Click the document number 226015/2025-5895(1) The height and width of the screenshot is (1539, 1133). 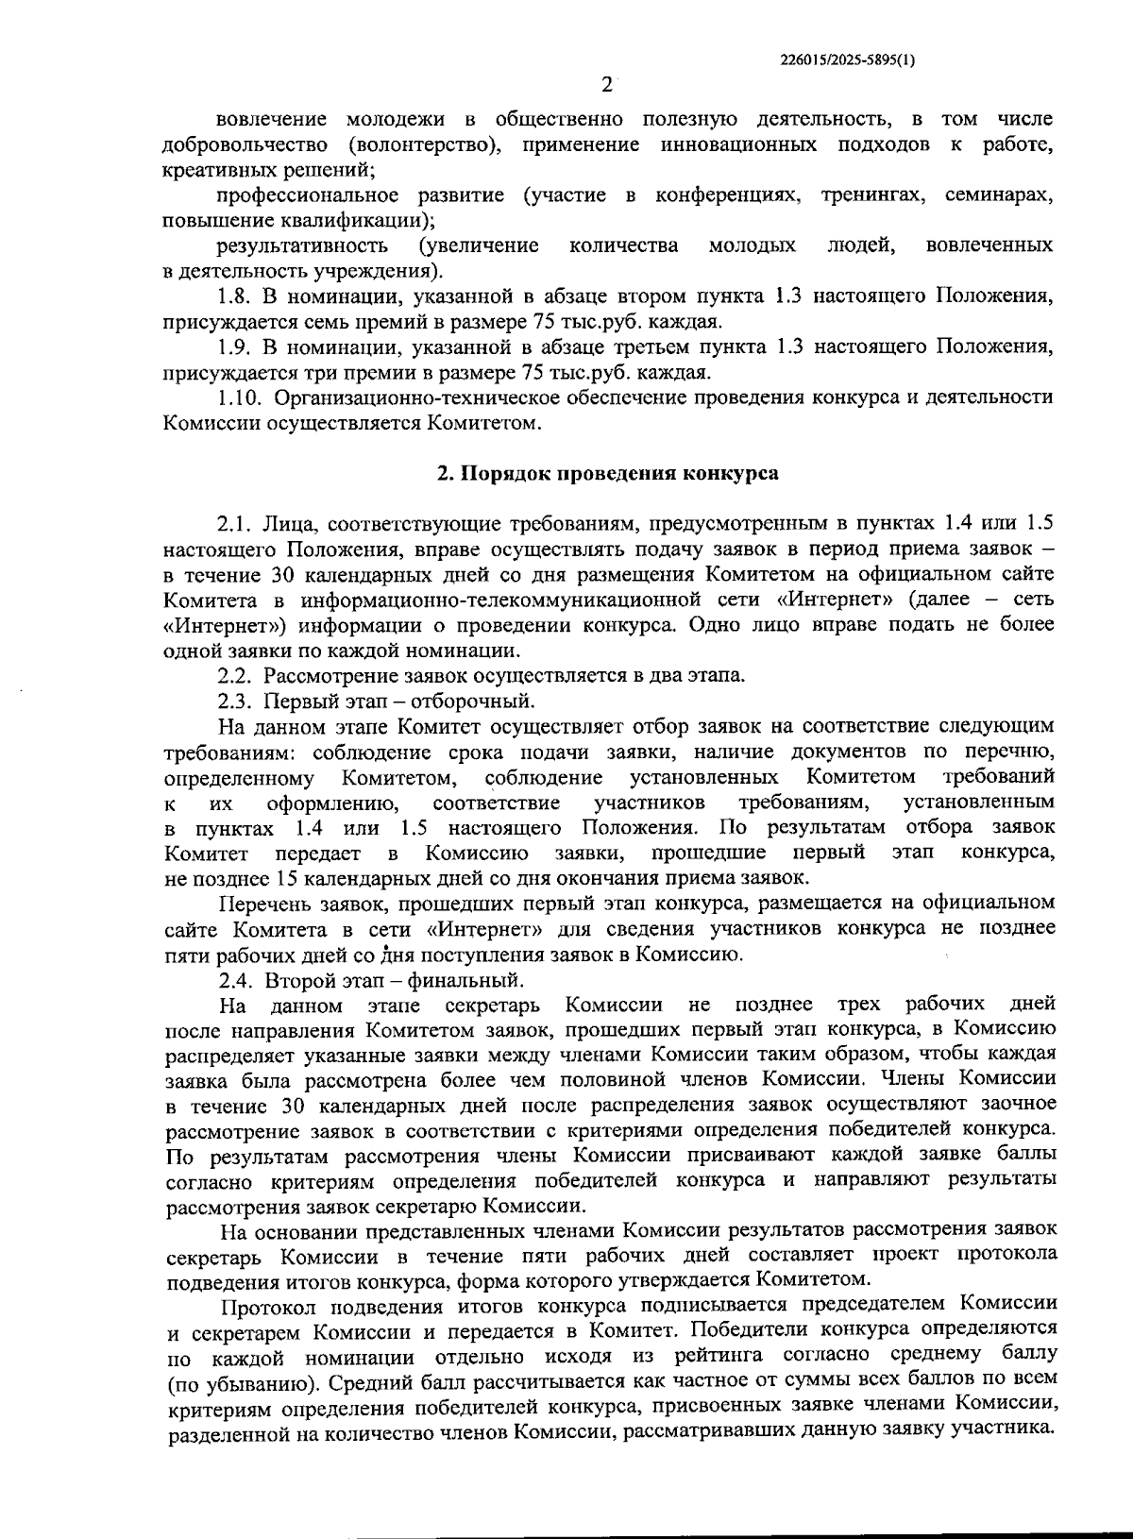pos(848,59)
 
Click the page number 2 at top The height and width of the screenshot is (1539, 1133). pos(607,84)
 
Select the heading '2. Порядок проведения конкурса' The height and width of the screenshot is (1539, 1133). pos(607,474)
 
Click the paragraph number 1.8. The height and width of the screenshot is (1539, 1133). pos(233,296)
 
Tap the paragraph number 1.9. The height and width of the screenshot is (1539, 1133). pos(233,347)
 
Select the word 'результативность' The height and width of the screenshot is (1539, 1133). pos(302,246)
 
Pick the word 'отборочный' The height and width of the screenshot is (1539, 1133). pos(484,701)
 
